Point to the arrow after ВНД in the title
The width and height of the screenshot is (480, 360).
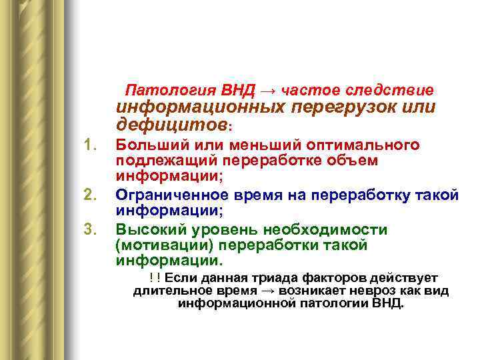271,90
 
